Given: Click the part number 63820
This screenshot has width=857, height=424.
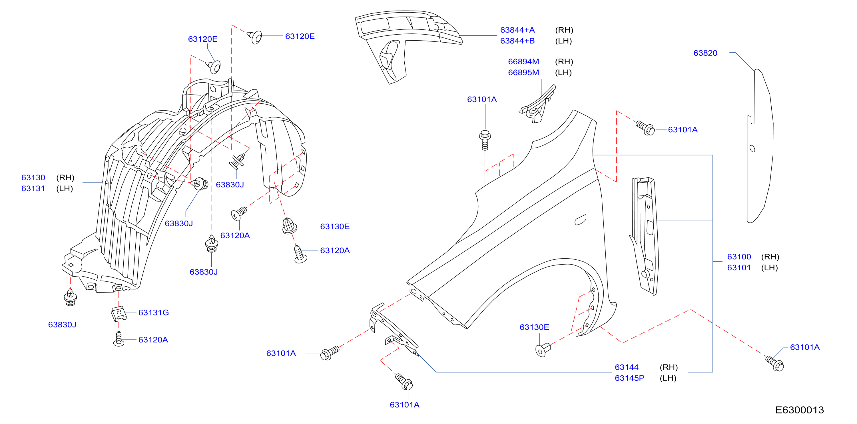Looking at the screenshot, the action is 705,53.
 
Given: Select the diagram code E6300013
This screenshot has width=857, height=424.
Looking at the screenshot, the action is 799,410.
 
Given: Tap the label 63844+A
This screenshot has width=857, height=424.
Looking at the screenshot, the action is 517,30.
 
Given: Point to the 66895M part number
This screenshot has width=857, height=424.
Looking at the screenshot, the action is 523,72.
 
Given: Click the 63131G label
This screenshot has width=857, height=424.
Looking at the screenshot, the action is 153,313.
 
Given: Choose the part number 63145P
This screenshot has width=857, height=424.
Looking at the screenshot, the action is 629,378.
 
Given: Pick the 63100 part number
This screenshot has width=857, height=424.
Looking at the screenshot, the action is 739,257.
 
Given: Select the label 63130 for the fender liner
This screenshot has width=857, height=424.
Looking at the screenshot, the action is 33,177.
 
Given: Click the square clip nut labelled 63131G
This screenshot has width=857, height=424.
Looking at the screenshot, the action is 119,313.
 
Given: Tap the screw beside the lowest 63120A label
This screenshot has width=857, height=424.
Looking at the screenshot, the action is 119,339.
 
